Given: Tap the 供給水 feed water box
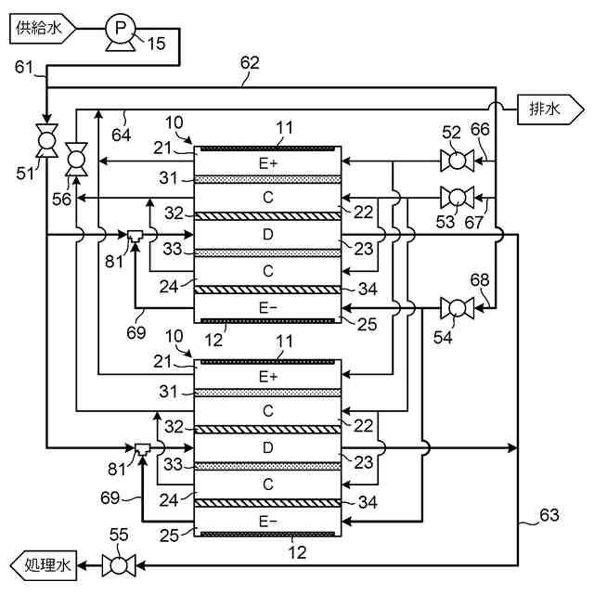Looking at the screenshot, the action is [x=42, y=29].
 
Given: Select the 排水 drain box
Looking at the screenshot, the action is [x=550, y=110].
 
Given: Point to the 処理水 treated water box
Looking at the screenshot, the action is [x=44, y=565].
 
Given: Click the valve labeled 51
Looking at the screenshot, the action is [x=47, y=140].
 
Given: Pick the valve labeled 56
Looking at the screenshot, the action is [x=76, y=159].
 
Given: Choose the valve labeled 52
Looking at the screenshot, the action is [x=457, y=161].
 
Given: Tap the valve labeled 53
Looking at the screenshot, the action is [x=457, y=198].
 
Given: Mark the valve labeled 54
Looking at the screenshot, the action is [x=457, y=308].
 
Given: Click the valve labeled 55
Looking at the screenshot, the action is [x=119, y=566].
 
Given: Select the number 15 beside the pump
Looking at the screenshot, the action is [x=156, y=44].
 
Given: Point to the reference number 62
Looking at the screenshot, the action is [x=250, y=63].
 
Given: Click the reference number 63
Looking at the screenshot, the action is [x=549, y=515].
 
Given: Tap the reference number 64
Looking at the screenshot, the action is [x=122, y=135].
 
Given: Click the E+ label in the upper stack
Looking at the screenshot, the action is [x=268, y=163].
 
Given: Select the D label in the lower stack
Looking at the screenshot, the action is [x=268, y=447].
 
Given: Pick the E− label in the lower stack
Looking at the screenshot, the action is [x=268, y=522].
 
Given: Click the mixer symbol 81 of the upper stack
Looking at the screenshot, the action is [x=134, y=236].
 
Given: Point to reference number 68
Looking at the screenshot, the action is [x=480, y=280].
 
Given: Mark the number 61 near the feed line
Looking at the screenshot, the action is [x=24, y=67].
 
